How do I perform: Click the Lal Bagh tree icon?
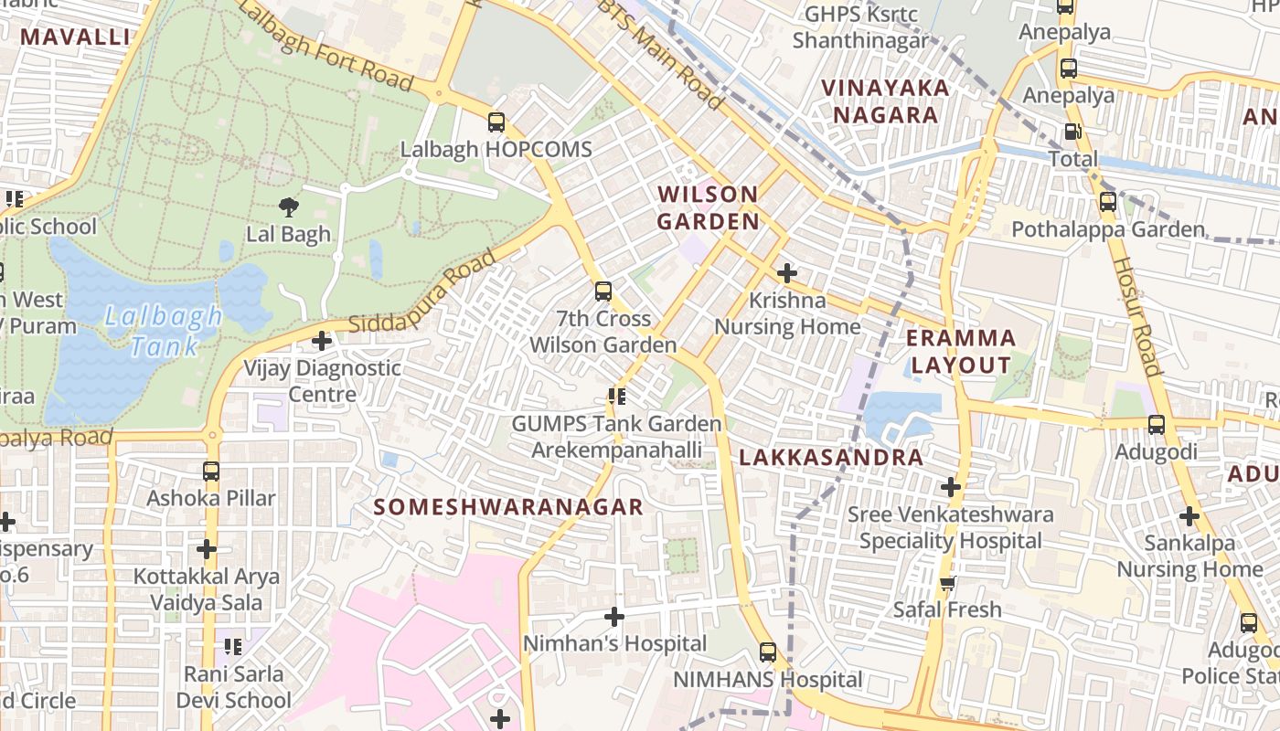pos(289,207)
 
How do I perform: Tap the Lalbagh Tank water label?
pos(163,332)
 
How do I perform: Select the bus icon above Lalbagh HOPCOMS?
pos(496,122)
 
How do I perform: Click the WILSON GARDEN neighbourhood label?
pos(709,207)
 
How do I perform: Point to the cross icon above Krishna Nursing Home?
pos(786,272)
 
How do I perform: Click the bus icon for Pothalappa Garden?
pos(1108,202)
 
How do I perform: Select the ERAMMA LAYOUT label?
pos(961,351)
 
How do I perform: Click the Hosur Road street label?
pos(1136,315)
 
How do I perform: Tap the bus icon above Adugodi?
pos(1157,424)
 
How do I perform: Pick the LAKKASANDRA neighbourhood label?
pos(831,458)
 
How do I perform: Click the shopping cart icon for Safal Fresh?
pos(948,583)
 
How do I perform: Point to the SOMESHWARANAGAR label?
pos(509,507)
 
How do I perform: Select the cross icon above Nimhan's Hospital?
pos(614,617)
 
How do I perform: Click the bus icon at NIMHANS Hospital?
pos(768,652)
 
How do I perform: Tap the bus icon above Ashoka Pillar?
pos(211,471)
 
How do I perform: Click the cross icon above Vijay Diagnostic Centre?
pos(322,341)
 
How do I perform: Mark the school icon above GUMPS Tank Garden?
pos(617,397)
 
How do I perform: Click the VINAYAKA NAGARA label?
pos(885,101)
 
